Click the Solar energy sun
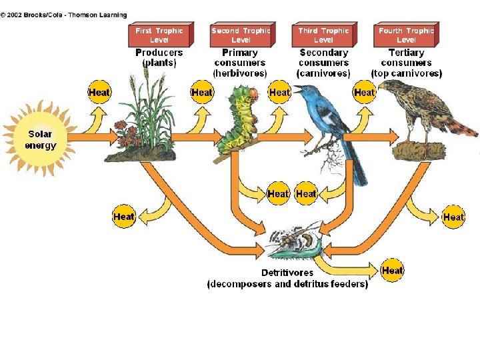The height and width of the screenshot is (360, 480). [40, 138]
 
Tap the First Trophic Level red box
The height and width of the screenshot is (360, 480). [159, 35]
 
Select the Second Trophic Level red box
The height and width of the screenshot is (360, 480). [241, 35]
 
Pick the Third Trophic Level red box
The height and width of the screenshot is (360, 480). [323, 35]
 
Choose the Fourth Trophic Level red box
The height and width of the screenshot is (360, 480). [406, 35]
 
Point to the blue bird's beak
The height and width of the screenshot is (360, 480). [298, 89]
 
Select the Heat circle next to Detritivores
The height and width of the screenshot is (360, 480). [392, 271]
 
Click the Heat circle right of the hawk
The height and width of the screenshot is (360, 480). [453, 217]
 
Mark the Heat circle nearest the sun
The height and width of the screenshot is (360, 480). [99, 92]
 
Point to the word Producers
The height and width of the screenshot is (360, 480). [159, 53]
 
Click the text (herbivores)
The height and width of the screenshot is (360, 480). [240, 73]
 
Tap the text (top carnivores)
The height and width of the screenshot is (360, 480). [406, 73]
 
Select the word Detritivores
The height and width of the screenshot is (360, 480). [287, 273]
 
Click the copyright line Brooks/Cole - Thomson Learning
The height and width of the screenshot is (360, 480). [64, 15]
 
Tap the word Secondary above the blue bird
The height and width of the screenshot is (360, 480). [323, 53]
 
